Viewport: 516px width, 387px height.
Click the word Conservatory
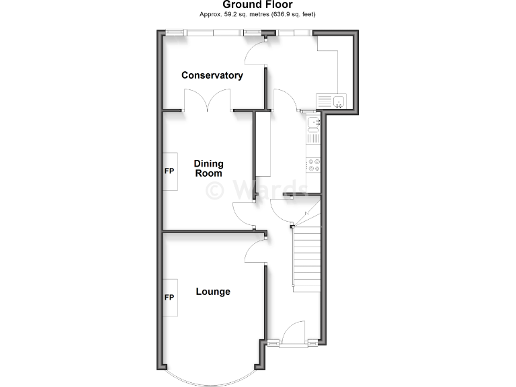(212, 75)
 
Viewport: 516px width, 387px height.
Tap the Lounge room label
(213, 292)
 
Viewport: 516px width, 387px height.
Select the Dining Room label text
(208, 168)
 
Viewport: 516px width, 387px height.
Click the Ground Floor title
(257, 5)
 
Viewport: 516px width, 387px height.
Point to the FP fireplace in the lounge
(170, 298)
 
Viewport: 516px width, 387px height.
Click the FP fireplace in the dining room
(170, 171)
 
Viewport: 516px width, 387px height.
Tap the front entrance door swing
(292, 333)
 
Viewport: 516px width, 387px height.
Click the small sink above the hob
(312, 122)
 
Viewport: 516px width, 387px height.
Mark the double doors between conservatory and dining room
(208, 101)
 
